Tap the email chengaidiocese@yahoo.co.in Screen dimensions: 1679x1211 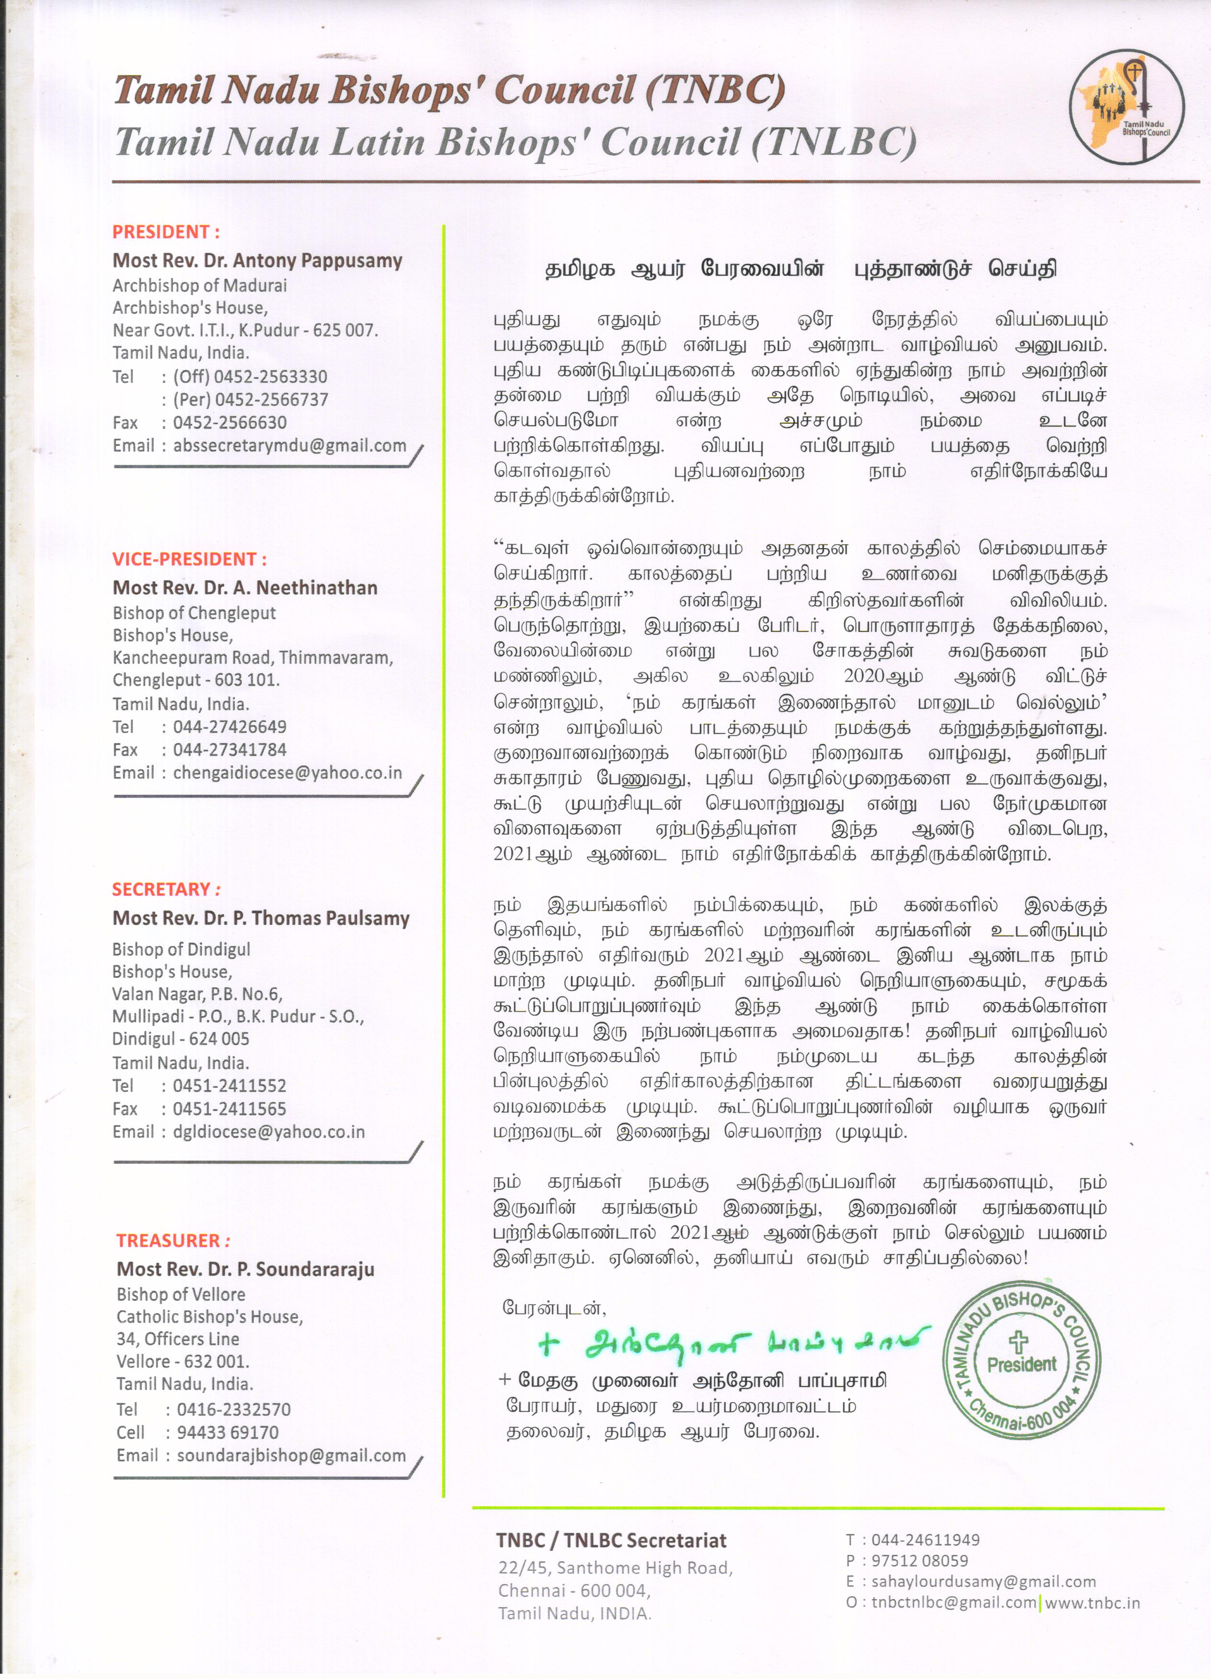287,773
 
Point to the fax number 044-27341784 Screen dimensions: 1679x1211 229,750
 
